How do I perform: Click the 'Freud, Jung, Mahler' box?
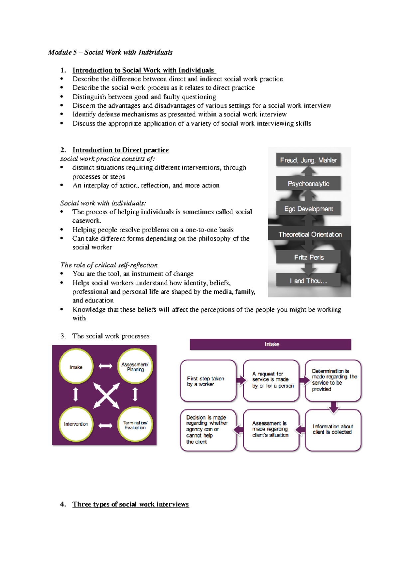tap(308, 160)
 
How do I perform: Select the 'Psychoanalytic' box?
tap(308, 184)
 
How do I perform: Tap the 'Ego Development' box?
tap(308, 209)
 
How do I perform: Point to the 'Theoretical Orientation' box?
tap(310, 234)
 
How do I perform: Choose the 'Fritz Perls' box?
tap(309, 257)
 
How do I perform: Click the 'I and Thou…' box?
tap(308, 281)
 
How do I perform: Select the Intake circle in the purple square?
tap(76, 367)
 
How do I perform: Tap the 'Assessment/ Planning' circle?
tap(135, 367)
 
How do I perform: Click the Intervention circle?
tap(76, 424)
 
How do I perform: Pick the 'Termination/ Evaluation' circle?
tap(135, 425)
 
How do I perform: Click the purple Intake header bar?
tap(270, 344)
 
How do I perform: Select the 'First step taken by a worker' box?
tap(208, 381)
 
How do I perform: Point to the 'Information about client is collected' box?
tap(333, 430)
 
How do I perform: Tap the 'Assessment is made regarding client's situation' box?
tap(271, 430)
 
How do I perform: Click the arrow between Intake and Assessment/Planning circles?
tap(105, 366)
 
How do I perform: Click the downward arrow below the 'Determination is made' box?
tap(333, 407)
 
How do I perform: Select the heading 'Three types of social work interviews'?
tap(131, 504)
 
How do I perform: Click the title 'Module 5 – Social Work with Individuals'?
tap(110, 52)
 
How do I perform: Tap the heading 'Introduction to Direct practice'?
tap(121, 150)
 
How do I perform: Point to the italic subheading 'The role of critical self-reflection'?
tap(109, 265)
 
